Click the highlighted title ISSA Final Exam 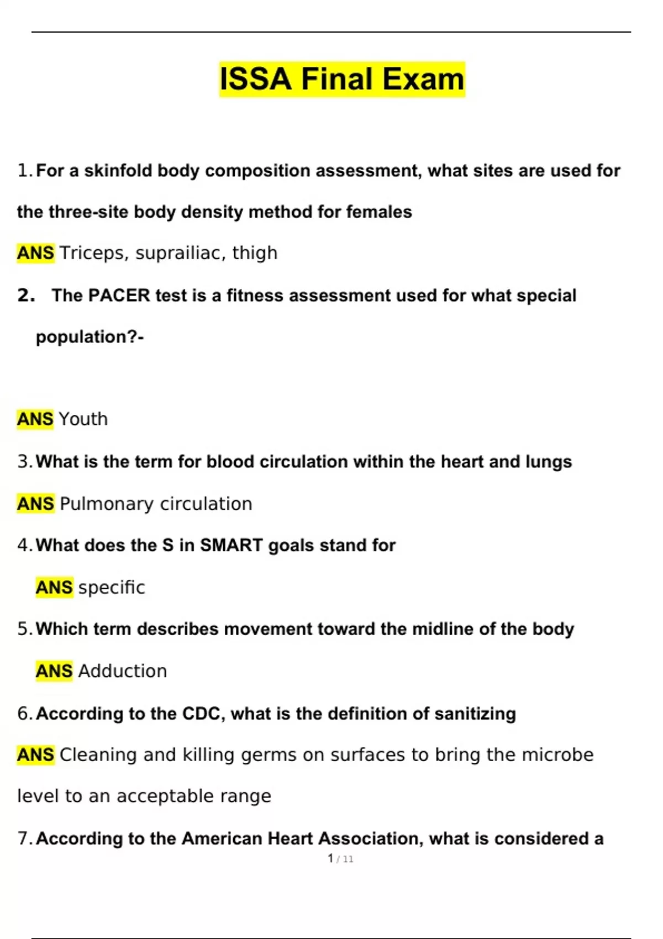coord(342,79)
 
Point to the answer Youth coord(83,419)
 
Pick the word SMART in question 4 coord(231,545)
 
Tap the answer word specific coord(112,587)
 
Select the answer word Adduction coord(123,671)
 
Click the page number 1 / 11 coord(340,859)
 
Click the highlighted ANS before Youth coord(35,419)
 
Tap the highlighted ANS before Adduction coord(54,671)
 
